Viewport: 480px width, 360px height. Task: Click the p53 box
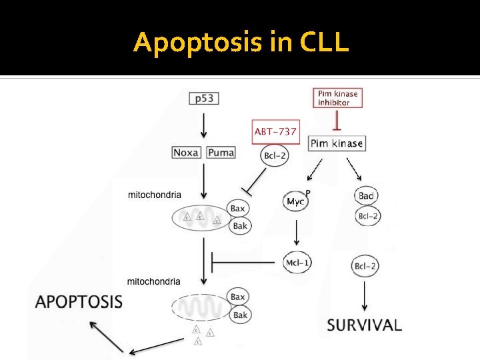(204, 99)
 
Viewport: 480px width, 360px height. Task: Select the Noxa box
(186, 153)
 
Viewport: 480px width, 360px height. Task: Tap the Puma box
(221, 153)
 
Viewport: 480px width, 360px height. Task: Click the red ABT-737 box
(275, 131)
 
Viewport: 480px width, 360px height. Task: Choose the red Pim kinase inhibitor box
(337, 98)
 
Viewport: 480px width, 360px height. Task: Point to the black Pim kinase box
(337, 143)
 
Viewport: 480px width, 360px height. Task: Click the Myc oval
(295, 201)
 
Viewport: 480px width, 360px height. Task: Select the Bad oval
(366, 195)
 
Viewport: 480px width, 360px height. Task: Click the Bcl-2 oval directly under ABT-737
(275, 156)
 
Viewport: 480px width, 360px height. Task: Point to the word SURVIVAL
(364, 325)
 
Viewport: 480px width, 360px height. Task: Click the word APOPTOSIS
(79, 301)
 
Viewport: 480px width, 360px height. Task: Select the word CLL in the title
(324, 42)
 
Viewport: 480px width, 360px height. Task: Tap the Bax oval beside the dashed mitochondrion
(238, 297)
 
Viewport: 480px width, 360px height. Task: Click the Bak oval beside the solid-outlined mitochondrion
(240, 226)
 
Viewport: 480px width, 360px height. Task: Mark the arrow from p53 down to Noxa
(204, 125)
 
